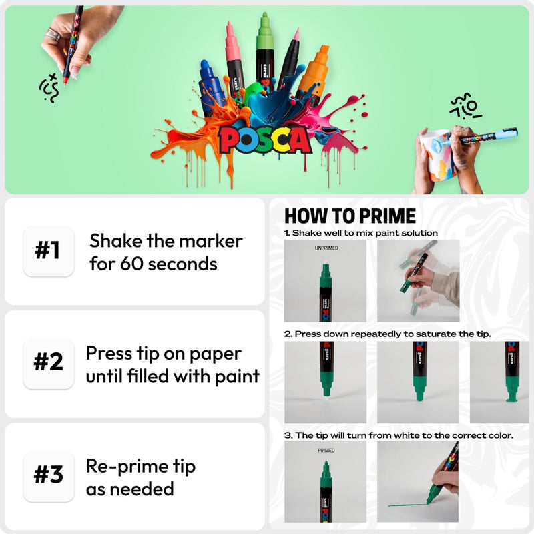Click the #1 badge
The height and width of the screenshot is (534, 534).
coord(47,251)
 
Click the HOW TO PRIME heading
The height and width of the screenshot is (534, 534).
coord(350,216)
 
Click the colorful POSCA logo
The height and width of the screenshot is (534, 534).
coord(265,140)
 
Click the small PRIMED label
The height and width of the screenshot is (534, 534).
coord(326,451)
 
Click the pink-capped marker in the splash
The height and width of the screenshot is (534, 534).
coord(234,60)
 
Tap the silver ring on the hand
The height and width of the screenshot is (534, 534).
coord(51,33)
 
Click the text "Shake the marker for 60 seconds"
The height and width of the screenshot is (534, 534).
coord(166,252)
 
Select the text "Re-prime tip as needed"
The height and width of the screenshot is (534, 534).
coord(140,477)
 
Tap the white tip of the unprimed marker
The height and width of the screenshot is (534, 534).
coord(326,260)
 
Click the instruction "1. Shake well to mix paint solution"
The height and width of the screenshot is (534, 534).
coord(361,233)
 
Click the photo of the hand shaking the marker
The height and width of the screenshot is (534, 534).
coord(419,281)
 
